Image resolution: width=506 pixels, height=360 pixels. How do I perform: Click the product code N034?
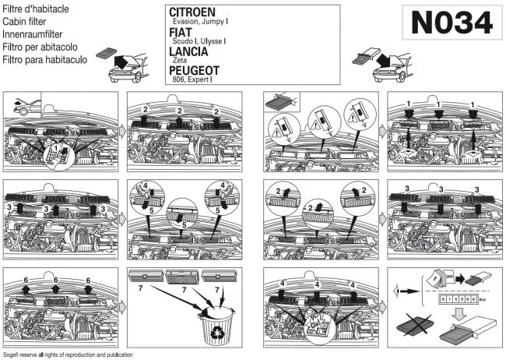tap(451, 23)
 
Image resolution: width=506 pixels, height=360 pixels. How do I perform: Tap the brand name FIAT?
tap(181, 32)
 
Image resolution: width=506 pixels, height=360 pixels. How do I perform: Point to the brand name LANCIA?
tap(192, 51)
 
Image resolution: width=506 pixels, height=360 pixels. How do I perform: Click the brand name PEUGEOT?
tap(197, 70)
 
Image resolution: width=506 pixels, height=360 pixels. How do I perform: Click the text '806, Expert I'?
tap(192, 79)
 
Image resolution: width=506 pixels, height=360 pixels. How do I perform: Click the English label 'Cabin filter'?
tap(23, 23)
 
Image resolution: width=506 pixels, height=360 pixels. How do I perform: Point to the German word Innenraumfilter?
tap(32, 35)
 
